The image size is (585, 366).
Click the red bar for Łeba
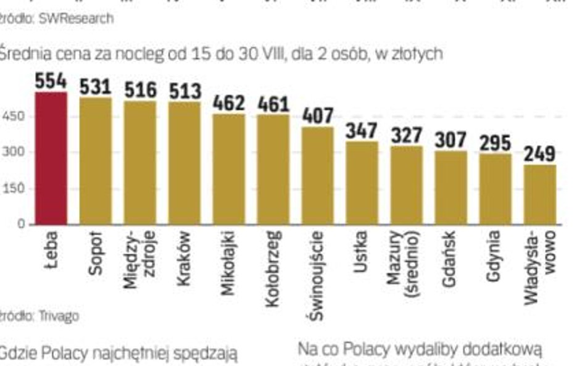(51, 158)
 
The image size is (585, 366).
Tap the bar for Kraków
(185, 163)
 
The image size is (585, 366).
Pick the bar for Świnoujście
(318, 175)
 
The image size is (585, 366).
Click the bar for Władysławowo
(540, 194)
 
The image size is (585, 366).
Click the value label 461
(273, 104)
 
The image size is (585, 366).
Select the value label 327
(407, 136)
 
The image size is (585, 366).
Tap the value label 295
(496, 143)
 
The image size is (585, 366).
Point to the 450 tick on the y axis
(13, 117)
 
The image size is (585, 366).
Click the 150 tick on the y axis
(13, 189)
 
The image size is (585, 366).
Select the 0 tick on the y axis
(21, 225)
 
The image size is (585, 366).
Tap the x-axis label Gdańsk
(450, 259)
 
